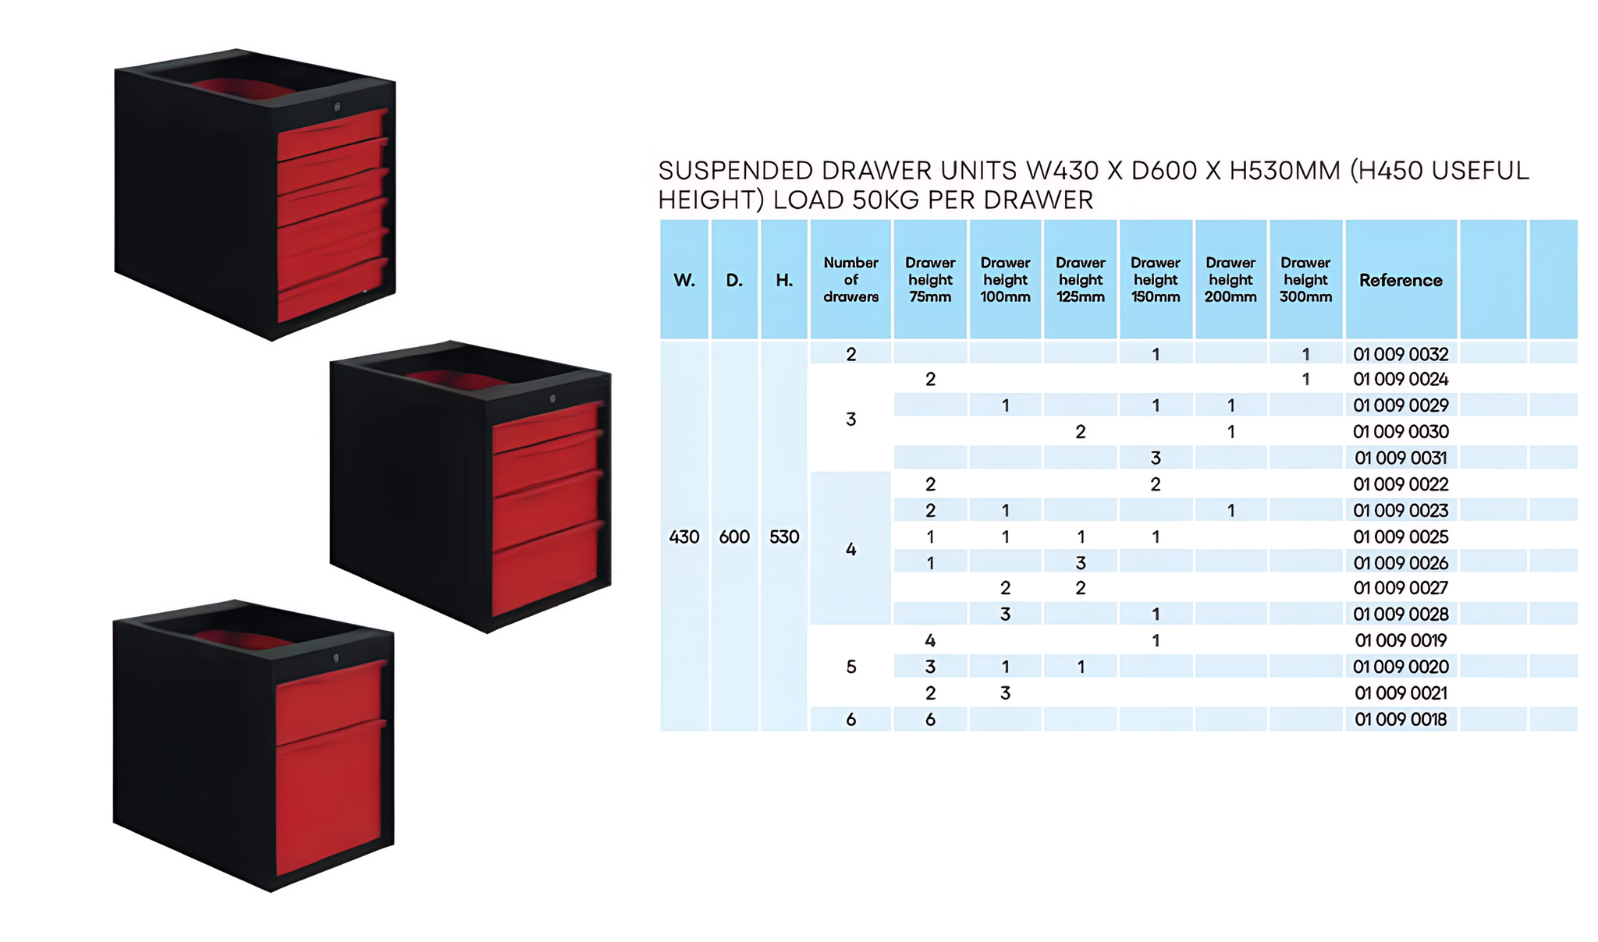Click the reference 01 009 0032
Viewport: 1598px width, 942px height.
[x=1401, y=354]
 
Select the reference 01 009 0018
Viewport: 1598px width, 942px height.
[x=1401, y=719]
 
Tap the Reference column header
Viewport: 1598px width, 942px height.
[x=1401, y=280]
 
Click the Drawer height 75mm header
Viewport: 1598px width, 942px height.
[x=930, y=280]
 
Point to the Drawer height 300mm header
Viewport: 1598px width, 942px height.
[x=1305, y=280]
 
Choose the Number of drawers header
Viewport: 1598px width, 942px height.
[x=850, y=280]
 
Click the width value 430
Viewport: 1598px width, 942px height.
[x=684, y=537]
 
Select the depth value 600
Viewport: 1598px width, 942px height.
[x=734, y=537]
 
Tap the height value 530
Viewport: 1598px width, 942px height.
[x=784, y=537]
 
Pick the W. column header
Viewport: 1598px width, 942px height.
[x=684, y=280]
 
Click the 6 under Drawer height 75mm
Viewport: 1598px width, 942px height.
[x=930, y=719]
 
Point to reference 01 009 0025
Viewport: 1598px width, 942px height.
[x=1401, y=537]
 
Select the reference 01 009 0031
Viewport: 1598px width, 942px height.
[x=1401, y=458]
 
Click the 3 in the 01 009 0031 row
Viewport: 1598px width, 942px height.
[x=1156, y=458]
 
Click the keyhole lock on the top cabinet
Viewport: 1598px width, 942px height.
[x=337, y=106]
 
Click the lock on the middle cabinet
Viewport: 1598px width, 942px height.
[x=552, y=398]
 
